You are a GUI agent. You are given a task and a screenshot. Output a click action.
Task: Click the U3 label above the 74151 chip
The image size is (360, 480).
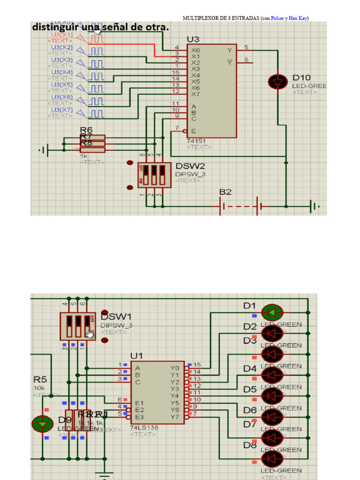coord(193,39)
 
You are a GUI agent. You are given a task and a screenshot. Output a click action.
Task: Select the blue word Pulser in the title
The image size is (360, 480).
coord(277,18)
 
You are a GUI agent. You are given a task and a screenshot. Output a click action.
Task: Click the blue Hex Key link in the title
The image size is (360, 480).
coord(298,18)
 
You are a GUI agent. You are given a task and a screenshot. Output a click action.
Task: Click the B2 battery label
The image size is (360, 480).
coord(225,192)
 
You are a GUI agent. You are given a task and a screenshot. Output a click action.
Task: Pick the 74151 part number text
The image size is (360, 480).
coord(196,141)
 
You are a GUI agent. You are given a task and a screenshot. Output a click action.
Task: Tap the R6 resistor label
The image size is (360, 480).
coord(86,130)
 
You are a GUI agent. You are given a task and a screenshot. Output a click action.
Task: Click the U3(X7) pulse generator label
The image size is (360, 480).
coord(62,110)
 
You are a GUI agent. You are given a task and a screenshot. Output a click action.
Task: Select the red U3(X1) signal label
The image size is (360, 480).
coord(62,35)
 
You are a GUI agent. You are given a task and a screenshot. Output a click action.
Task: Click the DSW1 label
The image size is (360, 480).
coord(116,317)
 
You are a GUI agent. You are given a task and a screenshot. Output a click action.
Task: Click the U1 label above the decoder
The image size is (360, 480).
coord(137,356)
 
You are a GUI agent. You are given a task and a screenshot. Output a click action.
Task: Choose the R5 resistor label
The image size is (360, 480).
coord(40,379)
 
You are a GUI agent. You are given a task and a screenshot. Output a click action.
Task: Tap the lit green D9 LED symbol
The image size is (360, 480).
coord(43,424)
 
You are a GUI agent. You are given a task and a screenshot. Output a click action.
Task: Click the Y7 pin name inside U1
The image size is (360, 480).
coord(175,417)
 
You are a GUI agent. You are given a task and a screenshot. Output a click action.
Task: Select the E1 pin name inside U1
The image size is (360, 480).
coord(139,403)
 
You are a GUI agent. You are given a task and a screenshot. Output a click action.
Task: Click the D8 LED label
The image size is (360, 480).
coord(250,446)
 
